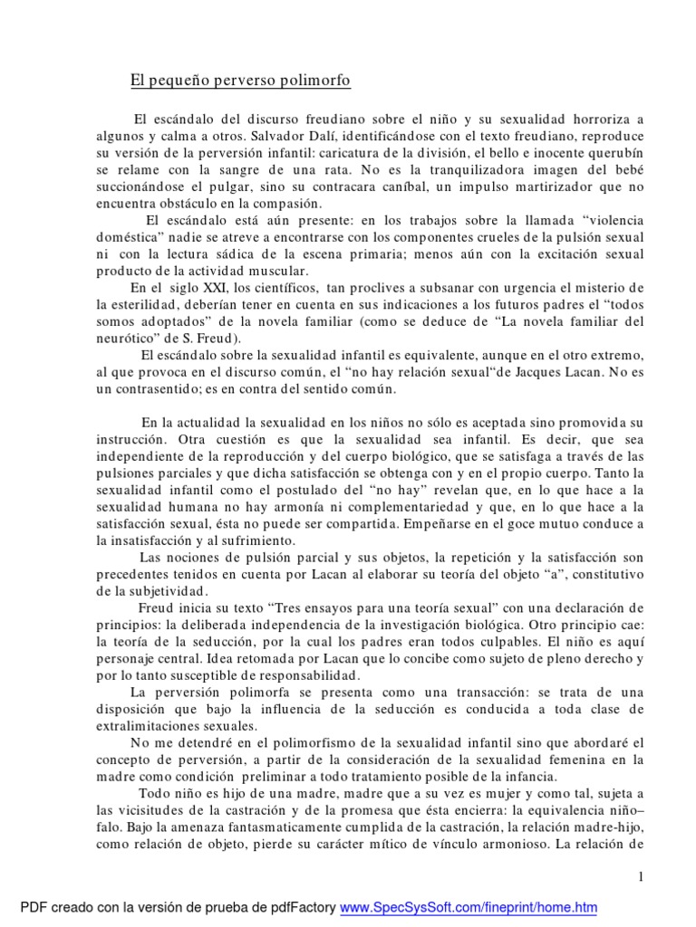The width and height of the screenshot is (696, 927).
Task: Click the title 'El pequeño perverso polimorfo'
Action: [240, 81]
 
